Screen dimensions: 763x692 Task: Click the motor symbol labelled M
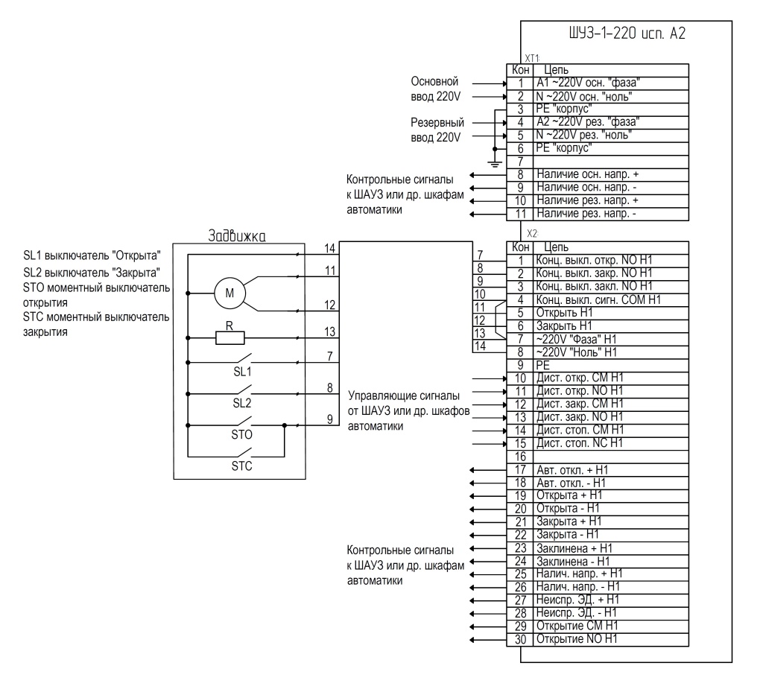tap(229, 293)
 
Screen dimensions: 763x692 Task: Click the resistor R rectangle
tap(229, 338)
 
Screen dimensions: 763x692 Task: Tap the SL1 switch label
tap(242, 372)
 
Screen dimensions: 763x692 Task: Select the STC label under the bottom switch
tap(242, 466)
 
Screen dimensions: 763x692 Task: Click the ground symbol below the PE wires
tap(495, 162)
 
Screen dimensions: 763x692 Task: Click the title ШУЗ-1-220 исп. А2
tap(627, 34)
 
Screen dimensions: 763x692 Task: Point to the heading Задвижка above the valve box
tap(237, 236)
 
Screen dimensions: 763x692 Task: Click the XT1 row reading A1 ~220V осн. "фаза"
tap(588, 83)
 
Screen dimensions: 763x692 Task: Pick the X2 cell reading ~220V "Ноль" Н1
tap(576, 352)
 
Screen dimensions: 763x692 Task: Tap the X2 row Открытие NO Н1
tap(577, 639)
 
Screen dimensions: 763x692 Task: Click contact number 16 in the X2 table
tap(520, 457)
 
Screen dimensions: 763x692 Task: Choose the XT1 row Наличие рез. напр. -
tap(586, 214)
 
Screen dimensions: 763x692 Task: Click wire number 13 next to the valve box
tap(329, 331)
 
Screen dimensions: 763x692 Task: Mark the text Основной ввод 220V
tap(435, 89)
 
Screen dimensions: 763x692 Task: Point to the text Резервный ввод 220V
tap(437, 130)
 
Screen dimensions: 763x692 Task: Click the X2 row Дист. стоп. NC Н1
tap(580, 443)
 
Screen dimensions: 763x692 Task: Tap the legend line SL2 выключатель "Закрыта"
tap(92, 273)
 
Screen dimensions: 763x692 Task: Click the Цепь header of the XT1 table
tap(556, 70)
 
